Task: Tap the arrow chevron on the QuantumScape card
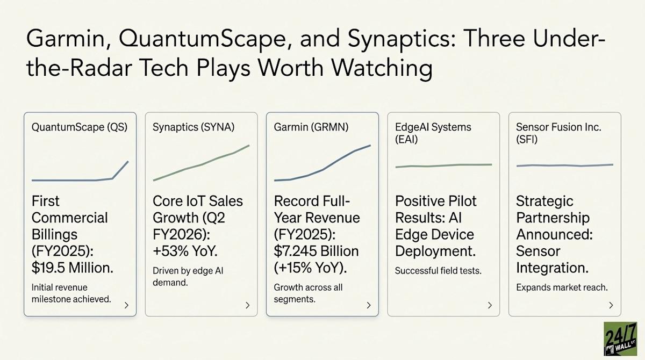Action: point(126,305)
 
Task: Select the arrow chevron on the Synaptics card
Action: point(247,305)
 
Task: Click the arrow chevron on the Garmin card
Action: point(368,305)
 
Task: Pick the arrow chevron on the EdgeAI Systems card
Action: point(490,305)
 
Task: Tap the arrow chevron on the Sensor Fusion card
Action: point(611,305)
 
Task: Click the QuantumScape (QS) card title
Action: point(80,128)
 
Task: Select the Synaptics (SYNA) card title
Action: point(193,128)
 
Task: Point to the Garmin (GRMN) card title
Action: point(311,128)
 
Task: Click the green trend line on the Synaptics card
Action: point(202,164)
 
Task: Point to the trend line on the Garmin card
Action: point(322,169)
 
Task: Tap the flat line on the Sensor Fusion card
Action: point(564,165)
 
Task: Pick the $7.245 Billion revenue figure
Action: point(316,251)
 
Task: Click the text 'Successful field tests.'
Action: point(438,271)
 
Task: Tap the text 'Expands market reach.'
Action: point(562,287)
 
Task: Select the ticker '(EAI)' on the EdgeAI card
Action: point(406,139)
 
